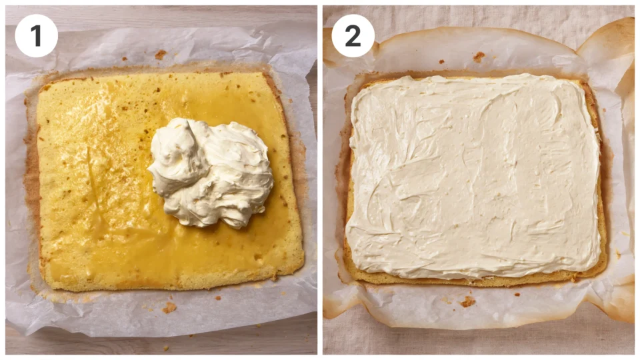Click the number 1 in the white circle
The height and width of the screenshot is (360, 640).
(36, 35)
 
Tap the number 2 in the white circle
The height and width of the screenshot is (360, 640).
(353, 35)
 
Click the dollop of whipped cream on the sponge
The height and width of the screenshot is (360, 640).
(211, 172)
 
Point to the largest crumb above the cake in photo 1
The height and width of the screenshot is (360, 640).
(161, 54)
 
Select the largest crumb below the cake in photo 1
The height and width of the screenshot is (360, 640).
(169, 307)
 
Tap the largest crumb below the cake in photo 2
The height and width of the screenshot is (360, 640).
(468, 301)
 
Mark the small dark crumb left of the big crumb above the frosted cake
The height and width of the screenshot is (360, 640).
(441, 61)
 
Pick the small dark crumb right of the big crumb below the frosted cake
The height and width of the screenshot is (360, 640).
(517, 294)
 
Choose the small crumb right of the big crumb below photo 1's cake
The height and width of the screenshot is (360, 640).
(219, 298)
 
